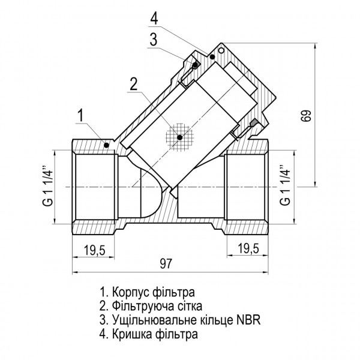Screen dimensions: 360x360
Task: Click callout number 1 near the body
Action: (x=79, y=115)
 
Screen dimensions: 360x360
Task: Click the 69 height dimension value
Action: (x=307, y=116)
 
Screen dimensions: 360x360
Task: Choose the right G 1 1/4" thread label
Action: (x=287, y=186)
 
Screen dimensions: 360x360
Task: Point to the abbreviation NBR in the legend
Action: (x=250, y=319)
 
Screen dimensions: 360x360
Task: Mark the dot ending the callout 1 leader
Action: (x=107, y=143)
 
